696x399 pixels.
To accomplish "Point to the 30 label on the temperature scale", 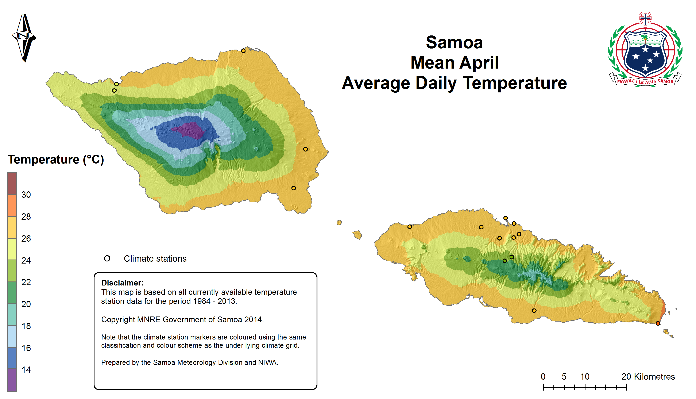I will click(26, 195).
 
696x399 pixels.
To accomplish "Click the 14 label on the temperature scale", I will click(26, 370).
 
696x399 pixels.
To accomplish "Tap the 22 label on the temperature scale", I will click(26, 282).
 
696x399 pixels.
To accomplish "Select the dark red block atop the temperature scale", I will click(12, 183).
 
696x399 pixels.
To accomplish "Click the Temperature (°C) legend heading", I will click(56, 160).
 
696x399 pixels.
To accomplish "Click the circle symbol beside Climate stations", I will click(107, 258).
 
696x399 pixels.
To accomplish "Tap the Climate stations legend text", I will click(155, 259).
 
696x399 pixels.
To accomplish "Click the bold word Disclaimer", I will click(122, 283).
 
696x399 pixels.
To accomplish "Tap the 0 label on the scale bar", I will click(543, 377).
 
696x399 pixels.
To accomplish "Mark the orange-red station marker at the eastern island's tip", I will click(658, 323).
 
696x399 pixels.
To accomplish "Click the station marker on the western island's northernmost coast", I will click(243, 51).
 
